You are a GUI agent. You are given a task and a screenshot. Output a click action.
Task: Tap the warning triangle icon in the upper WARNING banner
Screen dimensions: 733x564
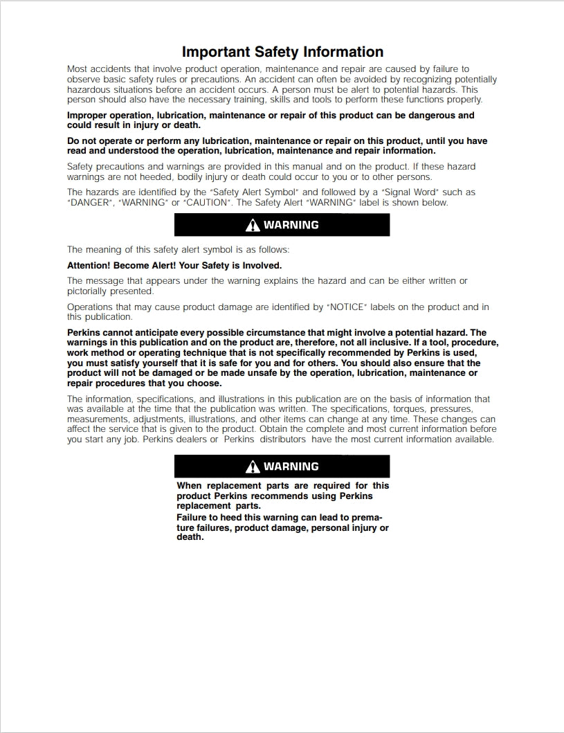tap(253, 225)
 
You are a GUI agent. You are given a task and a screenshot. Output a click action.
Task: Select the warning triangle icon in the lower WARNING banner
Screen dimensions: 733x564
tap(253, 467)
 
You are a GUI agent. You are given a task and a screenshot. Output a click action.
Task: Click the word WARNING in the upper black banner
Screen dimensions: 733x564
tap(291, 225)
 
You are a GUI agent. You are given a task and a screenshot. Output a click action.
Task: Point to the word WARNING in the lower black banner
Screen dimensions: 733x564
tap(291, 467)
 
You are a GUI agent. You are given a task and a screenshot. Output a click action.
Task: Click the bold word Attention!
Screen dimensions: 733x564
tap(89, 265)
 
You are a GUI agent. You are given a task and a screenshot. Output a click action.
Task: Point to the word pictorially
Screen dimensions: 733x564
tap(89, 291)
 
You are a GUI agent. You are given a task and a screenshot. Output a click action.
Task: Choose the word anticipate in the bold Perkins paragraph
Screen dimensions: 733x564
tap(158, 332)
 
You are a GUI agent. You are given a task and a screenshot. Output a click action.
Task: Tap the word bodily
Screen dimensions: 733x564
tap(195, 177)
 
